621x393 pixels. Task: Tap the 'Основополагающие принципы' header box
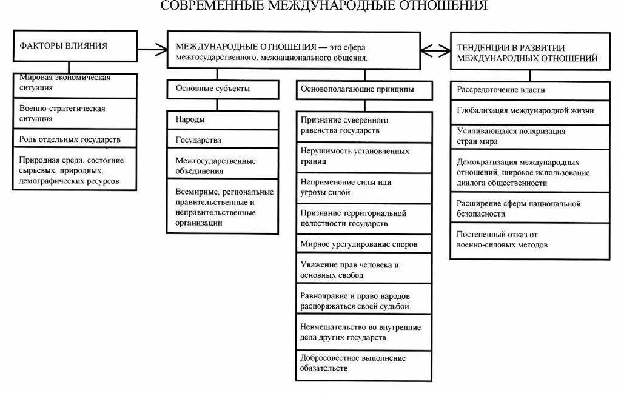(x=364, y=89)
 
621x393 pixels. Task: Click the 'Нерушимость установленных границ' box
(x=364, y=156)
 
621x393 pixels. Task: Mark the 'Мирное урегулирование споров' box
(x=364, y=244)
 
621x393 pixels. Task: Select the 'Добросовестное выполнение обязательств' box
(x=364, y=363)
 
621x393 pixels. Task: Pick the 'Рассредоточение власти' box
(x=529, y=90)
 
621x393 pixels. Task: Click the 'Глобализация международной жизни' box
(x=529, y=111)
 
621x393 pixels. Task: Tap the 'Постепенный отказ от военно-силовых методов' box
(x=529, y=240)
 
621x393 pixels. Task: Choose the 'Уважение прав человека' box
(x=364, y=270)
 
